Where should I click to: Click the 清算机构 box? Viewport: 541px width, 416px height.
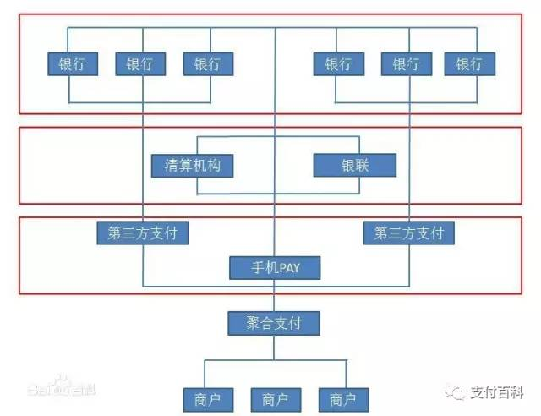pos(193,165)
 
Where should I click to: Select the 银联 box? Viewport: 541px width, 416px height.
pos(354,165)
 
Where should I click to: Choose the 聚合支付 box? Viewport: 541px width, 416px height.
pos(276,323)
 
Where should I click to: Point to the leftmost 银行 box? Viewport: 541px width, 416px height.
pos(72,64)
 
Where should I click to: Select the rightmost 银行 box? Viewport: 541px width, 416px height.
pos(470,64)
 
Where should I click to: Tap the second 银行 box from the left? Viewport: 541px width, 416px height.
pos(140,64)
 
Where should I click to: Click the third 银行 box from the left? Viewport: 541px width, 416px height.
pos(208,64)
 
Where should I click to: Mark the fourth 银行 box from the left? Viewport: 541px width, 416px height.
pos(338,64)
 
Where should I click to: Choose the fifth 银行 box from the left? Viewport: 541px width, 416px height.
pos(406,64)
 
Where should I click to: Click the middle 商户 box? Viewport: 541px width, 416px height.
pos(276,398)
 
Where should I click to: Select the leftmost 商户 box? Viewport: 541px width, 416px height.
pos(207,398)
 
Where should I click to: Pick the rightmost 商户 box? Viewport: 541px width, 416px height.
pos(343,398)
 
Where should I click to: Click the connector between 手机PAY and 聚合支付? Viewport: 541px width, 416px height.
pos(276,296)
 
